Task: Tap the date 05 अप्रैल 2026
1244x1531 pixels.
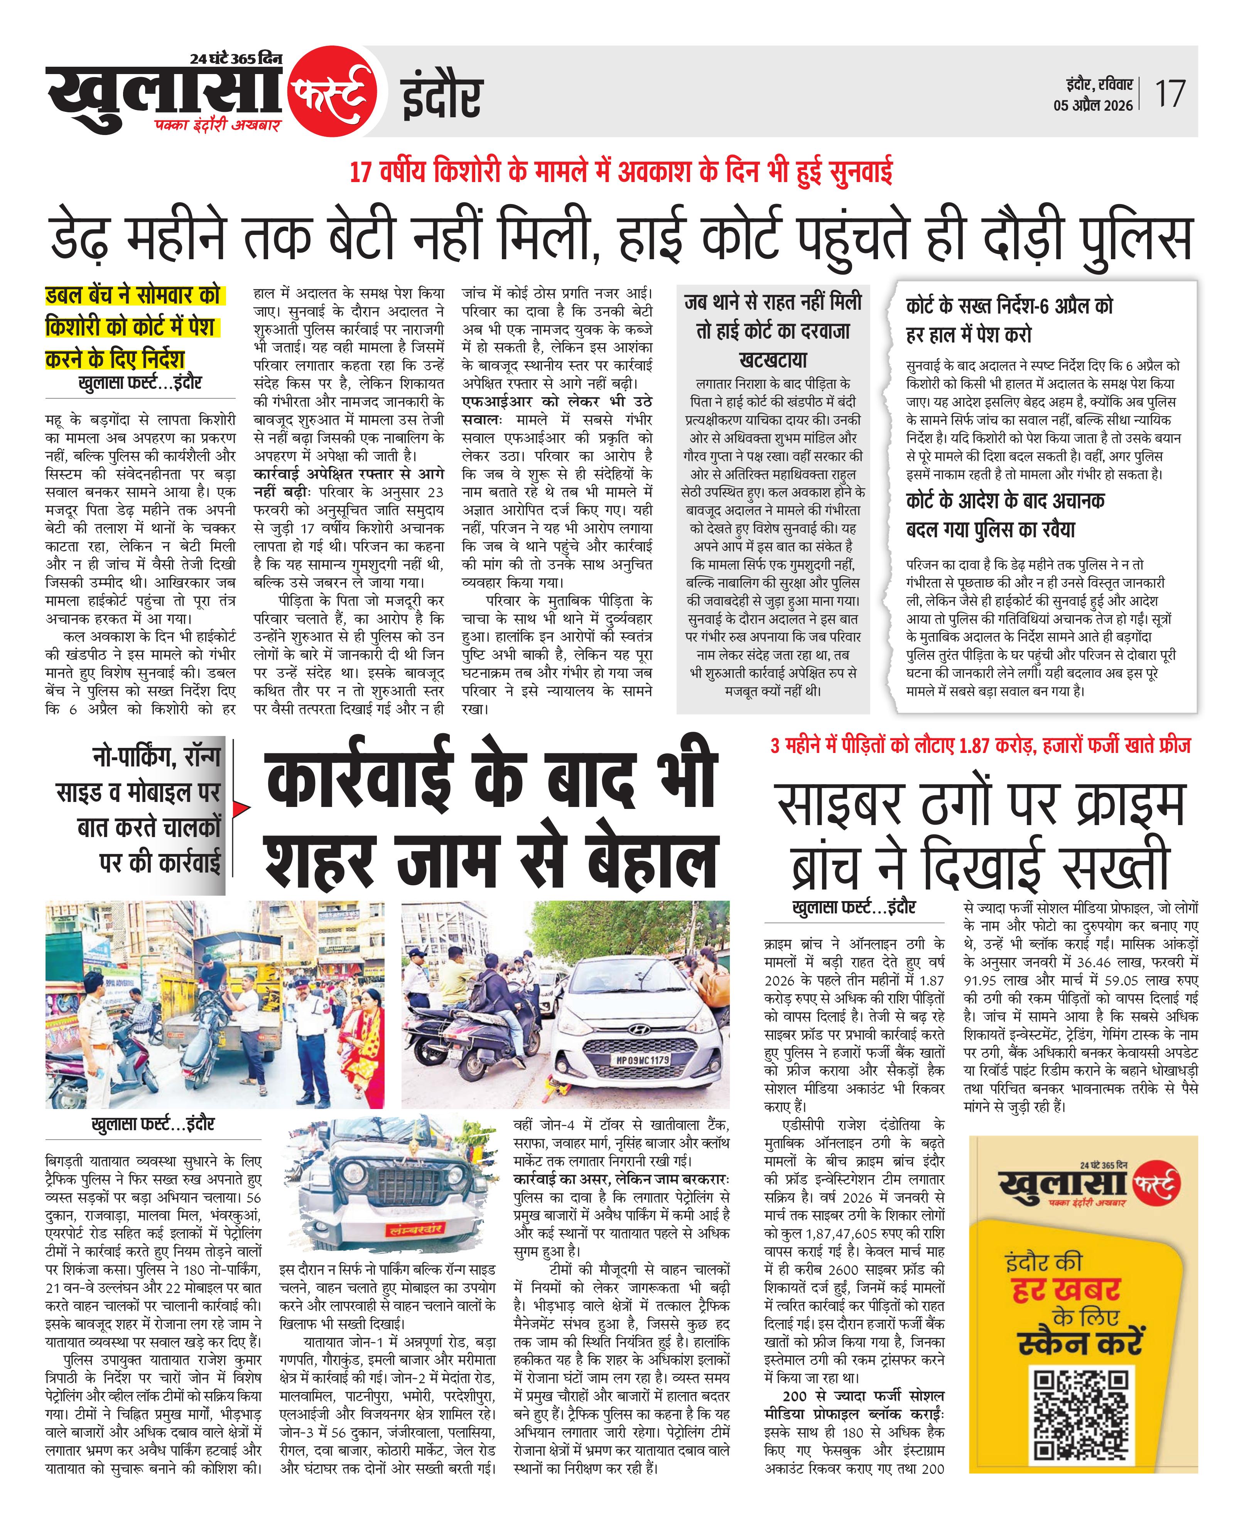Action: tap(1093, 105)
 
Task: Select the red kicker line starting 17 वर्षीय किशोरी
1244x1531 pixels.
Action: tap(621, 173)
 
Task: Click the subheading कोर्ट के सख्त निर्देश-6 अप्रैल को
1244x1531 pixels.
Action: tap(1009, 306)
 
